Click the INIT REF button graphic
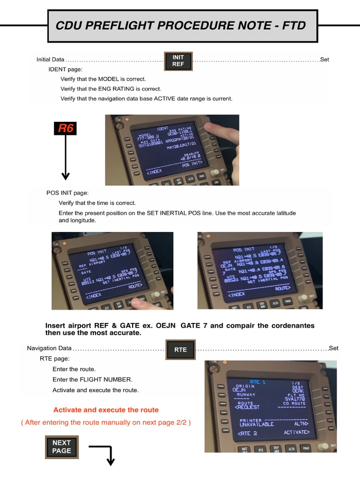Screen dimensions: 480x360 click(178, 61)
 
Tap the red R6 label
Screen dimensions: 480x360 click(66, 128)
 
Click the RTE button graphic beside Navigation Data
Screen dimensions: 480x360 click(180, 350)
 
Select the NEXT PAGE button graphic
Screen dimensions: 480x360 click(61, 447)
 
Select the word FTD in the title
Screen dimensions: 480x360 click(294, 26)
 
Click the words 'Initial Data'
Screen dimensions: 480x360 click(51, 60)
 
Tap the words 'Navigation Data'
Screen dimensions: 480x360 click(49, 348)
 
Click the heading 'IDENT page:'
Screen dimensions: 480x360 click(65, 69)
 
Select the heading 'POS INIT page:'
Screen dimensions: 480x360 click(67, 193)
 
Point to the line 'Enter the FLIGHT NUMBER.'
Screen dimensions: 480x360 click(92, 380)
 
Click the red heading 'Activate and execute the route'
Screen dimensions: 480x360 click(106, 410)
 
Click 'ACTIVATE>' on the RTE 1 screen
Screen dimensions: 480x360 click(297, 432)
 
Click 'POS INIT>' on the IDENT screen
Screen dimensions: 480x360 click(192, 164)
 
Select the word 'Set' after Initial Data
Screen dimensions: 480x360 click(325, 60)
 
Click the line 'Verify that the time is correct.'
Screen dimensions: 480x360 click(97, 203)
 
